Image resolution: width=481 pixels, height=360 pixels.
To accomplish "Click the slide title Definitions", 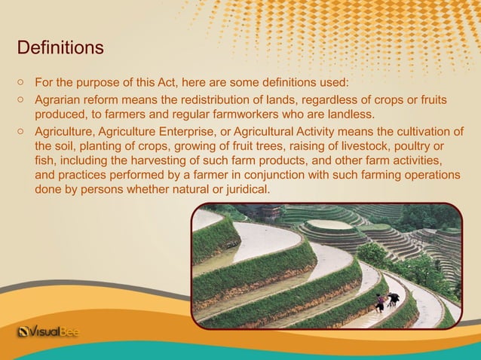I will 60,49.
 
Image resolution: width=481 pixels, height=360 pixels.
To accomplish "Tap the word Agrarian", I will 60,99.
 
